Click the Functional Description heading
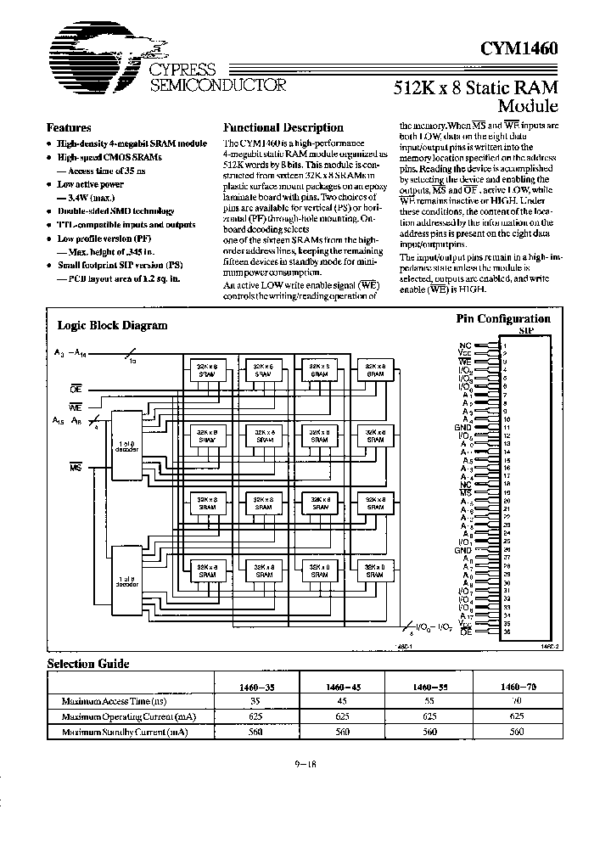pos(283,127)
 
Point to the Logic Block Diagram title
pos(112,325)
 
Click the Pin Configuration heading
pos(503,319)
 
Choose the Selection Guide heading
pos(87,664)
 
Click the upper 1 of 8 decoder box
pos(128,445)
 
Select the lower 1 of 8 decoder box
pos(128,582)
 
